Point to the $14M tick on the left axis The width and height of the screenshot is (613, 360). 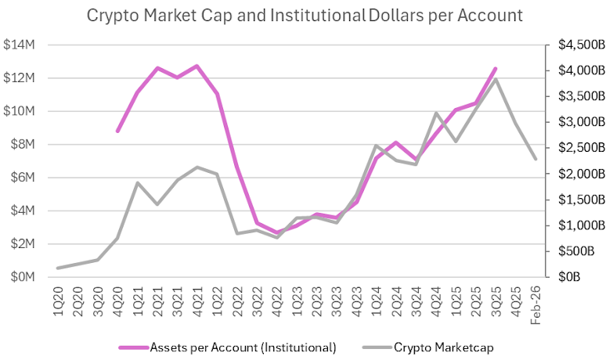pyautogui.click(x=19, y=45)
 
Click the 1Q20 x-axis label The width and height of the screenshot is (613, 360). pyautogui.click(x=58, y=298)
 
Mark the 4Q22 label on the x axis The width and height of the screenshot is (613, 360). pyautogui.click(x=277, y=298)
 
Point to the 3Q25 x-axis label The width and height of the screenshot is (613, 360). pyautogui.click(x=496, y=298)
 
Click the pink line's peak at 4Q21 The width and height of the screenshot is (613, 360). pyautogui.click(x=197, y=66)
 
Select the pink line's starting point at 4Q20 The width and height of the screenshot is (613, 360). pyautogui.click(x=117, y=131)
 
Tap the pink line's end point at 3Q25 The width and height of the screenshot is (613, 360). pyautogui.click(x=496, y=69)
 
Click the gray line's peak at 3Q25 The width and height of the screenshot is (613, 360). pyautogui.click(x=496, y=79)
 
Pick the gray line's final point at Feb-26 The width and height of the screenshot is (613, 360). pyautogui.click(x=535, y=159)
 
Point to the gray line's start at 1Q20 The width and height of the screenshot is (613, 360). pyautogui.click(x=58, y=268)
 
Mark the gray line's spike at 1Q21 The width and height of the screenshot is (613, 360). pyautogui.click(x=138, y=183)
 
